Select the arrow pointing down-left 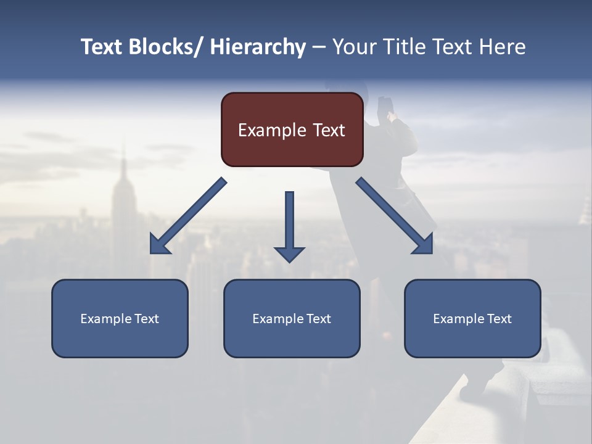click(188, 216)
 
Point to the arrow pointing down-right click(395, 216)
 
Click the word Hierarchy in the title click(258, 47)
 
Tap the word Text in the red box click(329, 130)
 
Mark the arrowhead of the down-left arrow click(158, 246)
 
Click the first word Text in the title click(102, 47)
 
